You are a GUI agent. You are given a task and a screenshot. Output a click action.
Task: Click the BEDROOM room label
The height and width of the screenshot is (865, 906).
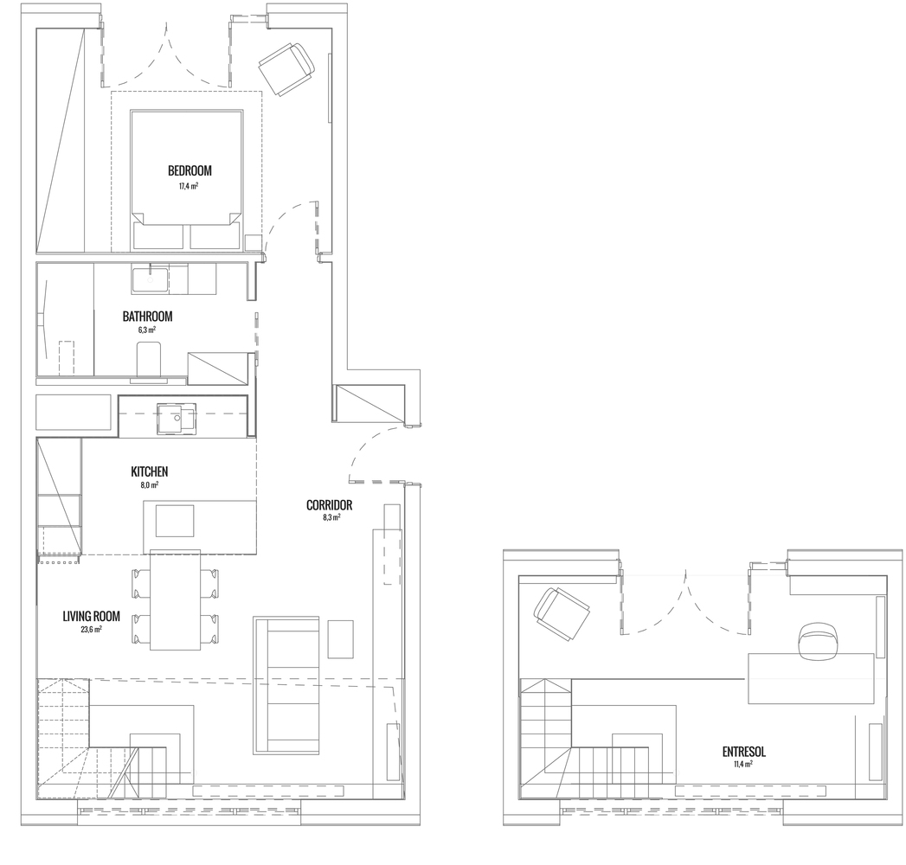point(190,171)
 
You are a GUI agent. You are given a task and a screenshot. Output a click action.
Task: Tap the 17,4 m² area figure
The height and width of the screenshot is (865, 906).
point(189,186)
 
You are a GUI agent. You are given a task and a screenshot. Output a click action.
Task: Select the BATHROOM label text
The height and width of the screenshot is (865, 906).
point(147,317)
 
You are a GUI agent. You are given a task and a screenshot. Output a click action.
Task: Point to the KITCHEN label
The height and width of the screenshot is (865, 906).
point(150,471)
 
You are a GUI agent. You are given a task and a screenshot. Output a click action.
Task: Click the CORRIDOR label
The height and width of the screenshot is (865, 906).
point(330,505)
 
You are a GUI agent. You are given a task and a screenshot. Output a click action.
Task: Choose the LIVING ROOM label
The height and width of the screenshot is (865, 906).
point(92,616)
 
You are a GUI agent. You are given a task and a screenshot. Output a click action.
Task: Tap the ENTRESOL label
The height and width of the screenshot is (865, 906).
point(744,752)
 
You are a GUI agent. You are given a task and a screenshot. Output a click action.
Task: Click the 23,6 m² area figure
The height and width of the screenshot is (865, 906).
point(92,630)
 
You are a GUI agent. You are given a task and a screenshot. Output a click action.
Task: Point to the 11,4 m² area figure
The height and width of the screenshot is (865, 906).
point(743,764)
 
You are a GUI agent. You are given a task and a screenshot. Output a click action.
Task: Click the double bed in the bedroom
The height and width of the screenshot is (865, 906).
point(186,179)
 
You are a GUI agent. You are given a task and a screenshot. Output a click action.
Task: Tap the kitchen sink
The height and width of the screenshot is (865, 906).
point(177,419)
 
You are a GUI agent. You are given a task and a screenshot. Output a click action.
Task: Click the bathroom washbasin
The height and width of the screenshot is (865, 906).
point(150,279)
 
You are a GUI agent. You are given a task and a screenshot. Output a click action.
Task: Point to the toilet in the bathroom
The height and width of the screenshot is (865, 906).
point(149,359)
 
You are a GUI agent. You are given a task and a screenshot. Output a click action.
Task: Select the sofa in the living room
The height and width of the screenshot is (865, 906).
point(286,685)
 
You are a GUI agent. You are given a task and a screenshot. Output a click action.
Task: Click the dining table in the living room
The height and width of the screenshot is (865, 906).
point(175,600)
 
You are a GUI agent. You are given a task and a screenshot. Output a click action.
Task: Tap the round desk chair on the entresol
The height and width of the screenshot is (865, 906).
point(818,640)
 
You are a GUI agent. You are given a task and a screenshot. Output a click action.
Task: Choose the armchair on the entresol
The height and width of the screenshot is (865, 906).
point(562,613)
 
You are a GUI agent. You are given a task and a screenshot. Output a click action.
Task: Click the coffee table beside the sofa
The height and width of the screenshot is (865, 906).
point(340,639)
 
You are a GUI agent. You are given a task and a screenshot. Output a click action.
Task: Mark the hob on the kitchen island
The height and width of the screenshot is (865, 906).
point(175,521)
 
